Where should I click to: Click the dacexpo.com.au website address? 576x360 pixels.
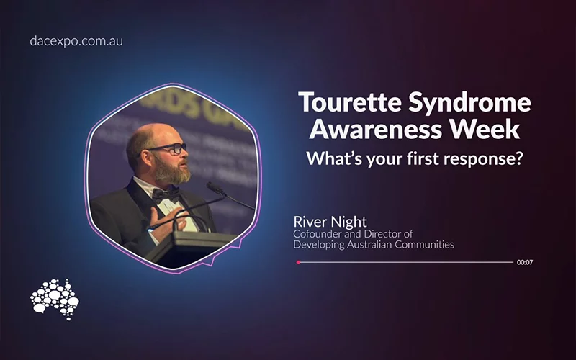click(x=76, y=41)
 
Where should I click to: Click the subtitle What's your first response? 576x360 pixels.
click(x=414, y=159)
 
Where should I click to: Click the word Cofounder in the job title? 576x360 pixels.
click(x=320, y=233)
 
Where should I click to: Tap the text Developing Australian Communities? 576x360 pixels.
click(x=374, y=245)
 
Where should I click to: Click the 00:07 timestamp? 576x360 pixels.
click(x=524, y=262)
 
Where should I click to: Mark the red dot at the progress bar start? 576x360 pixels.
click(x=298, y=262)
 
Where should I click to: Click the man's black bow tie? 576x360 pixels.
click(x=165, y=193)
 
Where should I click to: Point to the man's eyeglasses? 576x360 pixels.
click(x=167, y=150)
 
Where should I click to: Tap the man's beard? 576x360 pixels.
click(x=172, y=173)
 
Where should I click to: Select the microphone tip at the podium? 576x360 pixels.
click(x=211, y=185)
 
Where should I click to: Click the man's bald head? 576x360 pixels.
click(x=148, y=133)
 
